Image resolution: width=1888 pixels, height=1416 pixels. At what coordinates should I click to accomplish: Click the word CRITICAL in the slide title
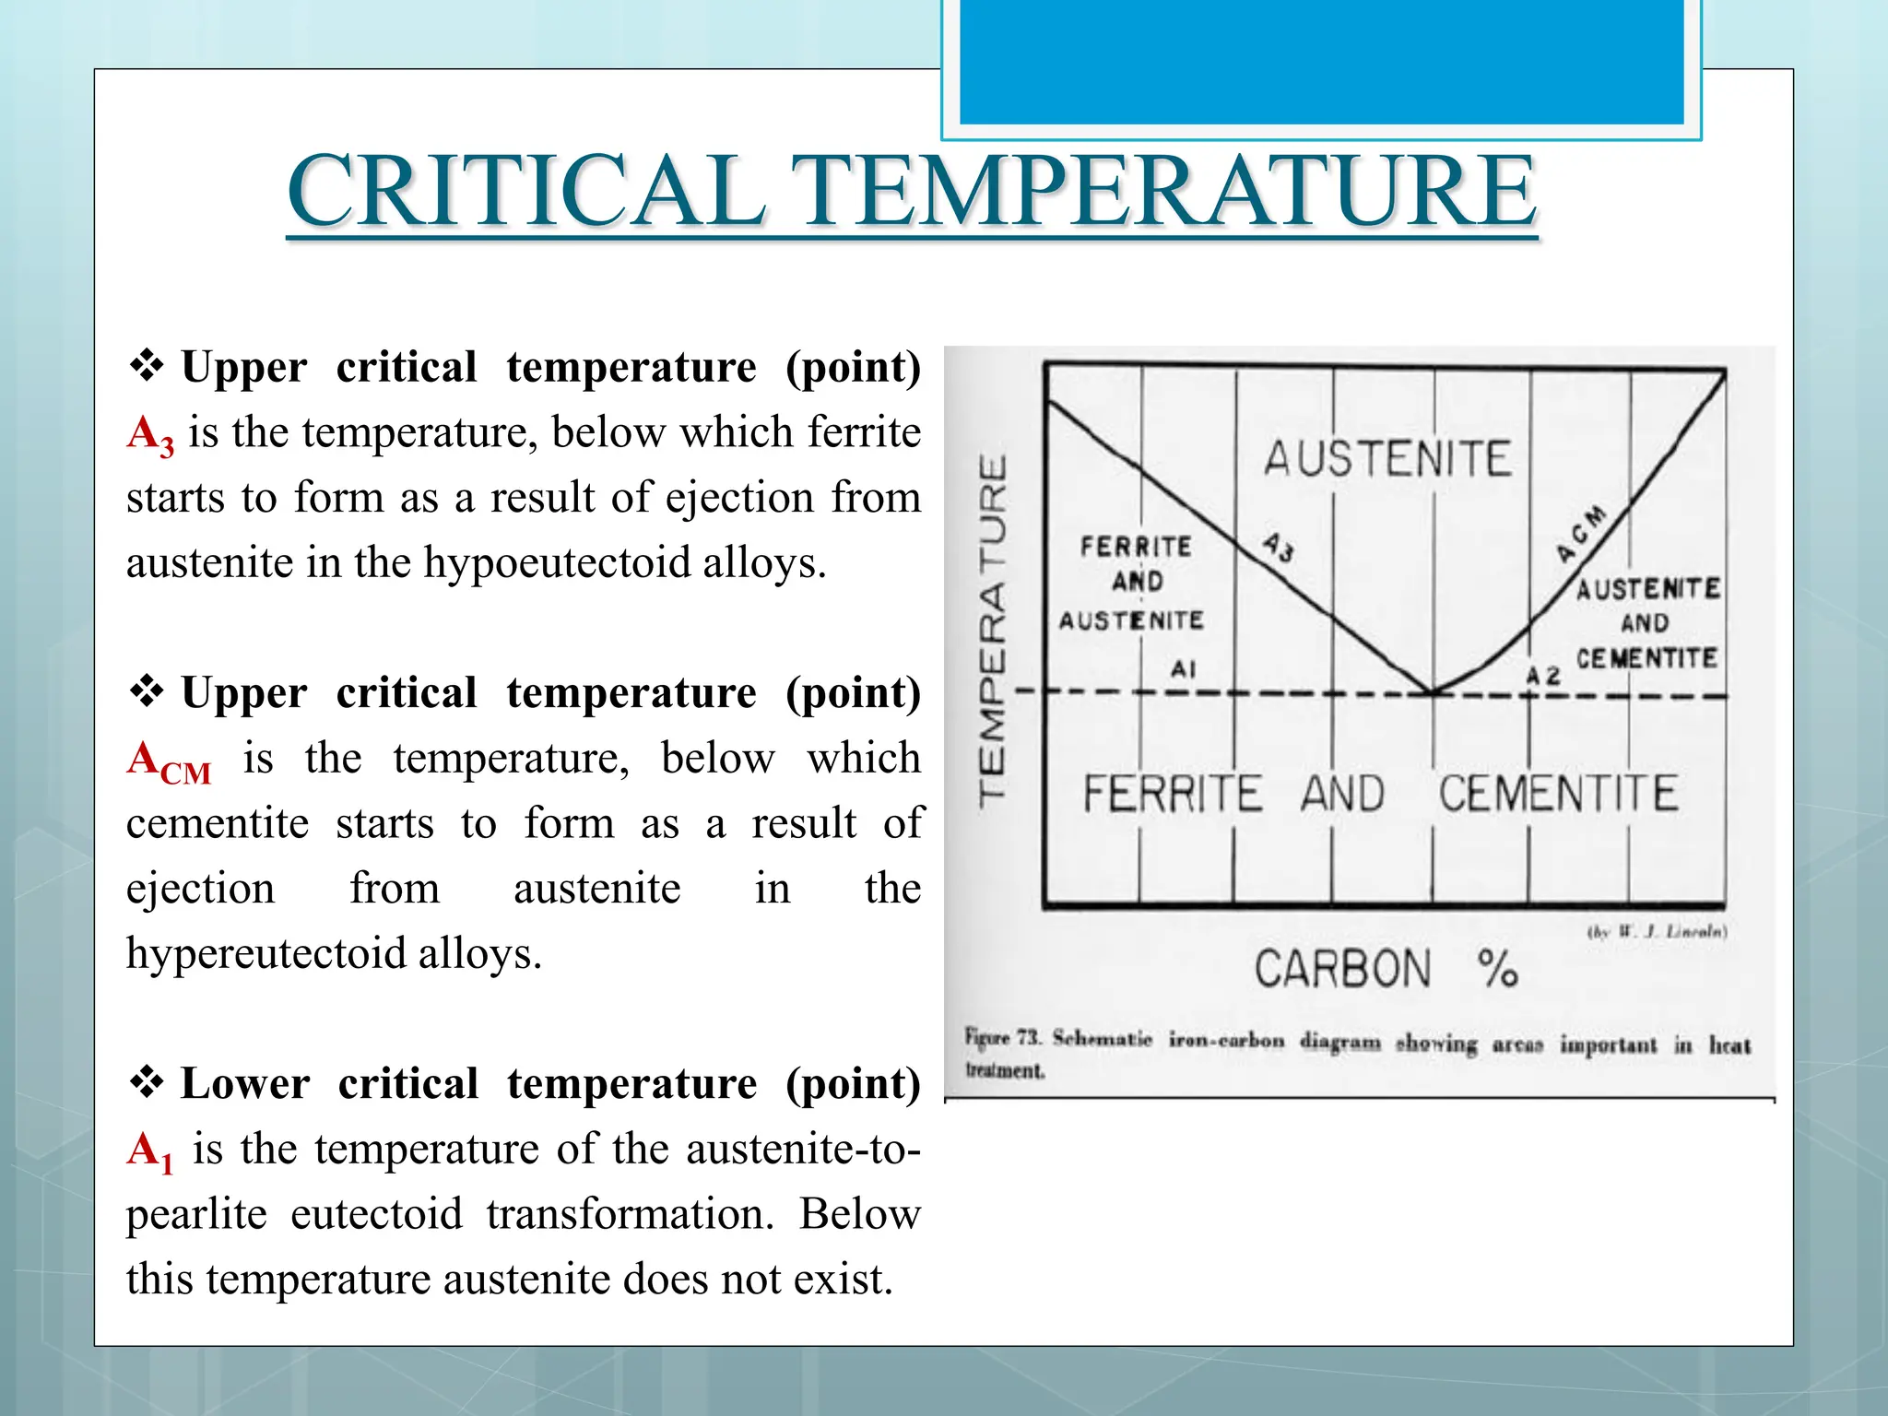[x=525, y=191]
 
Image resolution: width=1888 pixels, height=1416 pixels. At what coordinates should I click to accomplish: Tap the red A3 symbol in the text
[x=150, y=434]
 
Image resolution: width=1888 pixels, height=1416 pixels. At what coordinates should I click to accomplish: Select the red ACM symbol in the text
[x=170, y=762]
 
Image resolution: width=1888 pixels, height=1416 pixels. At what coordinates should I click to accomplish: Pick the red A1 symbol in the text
[x=150, y=1152]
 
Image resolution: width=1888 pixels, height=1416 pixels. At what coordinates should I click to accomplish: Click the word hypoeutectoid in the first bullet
[x=556, y=562]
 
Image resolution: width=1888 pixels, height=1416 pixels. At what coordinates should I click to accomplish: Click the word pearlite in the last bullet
[x=196, y=1214]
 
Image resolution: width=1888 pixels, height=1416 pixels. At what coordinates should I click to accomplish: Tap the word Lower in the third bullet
[x=245, y=1084]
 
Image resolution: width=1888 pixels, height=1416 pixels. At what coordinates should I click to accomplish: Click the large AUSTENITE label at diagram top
[x=1387, y=459]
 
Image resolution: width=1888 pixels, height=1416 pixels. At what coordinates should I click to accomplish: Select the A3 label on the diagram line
[x=1279, y=547]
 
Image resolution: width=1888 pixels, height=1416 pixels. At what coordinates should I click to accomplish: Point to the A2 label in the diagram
[x=1542, y=676]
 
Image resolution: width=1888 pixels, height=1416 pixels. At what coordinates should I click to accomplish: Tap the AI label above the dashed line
[x=1183, y=669]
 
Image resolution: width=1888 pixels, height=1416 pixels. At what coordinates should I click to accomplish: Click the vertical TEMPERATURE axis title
[x=993, y=631]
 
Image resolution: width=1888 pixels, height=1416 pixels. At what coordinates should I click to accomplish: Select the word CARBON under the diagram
[x=1342, y=970]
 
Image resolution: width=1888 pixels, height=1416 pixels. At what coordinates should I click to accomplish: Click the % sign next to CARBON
[x=1497, y=970]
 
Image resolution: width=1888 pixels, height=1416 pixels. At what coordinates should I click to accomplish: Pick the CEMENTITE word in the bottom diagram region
[x=1558, y=794]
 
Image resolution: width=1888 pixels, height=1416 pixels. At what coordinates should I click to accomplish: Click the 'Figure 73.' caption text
[x=1003, y=1038]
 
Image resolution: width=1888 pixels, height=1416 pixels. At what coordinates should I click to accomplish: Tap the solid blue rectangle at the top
[x=1321, y=61]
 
